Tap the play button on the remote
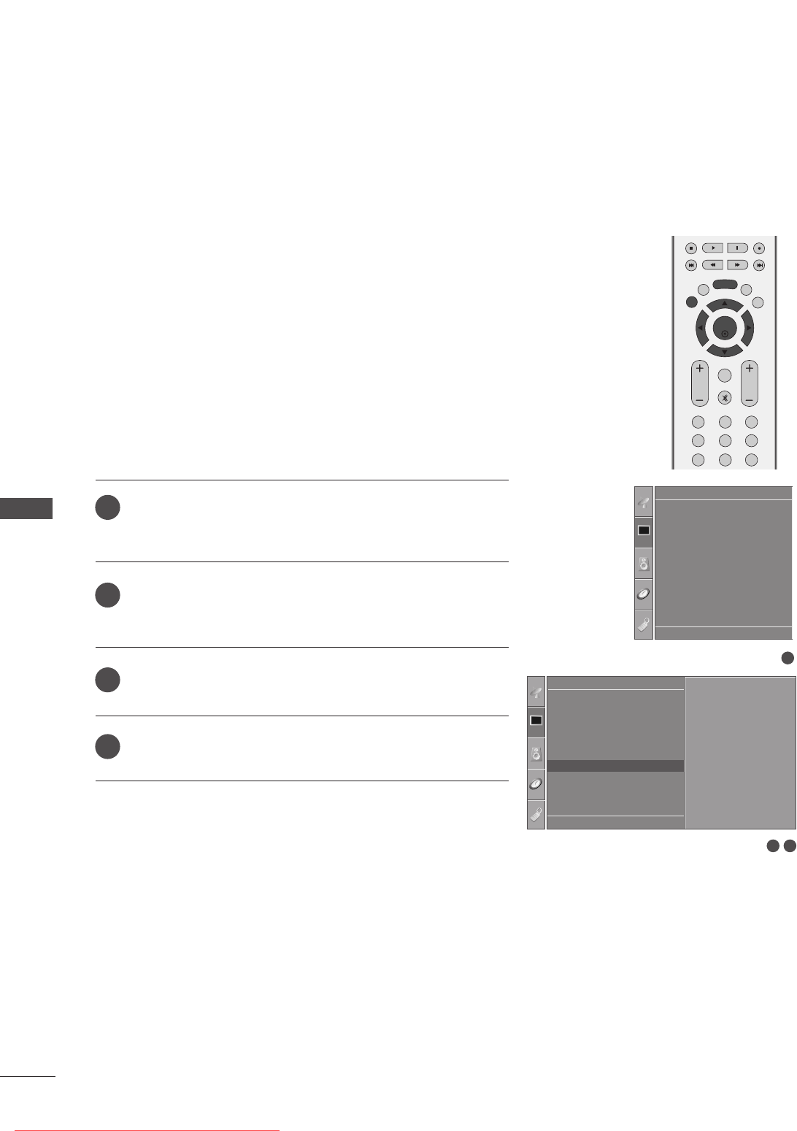coord(712,248)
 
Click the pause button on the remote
coord(737,248)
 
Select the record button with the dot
coord(759,248)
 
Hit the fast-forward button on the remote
coord(737,264)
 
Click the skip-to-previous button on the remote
coord(690,264)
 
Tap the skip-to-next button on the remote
coord(759,264)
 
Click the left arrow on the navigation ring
coord(701,329)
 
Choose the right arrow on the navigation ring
coord(748,329)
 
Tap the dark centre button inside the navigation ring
coord(724,329)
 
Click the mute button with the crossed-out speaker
coord(724,398)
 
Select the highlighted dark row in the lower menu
coord(615,766)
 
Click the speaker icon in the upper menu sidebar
coord(643,563)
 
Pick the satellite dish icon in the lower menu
coord(536,691)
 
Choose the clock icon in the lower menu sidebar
coord(536,784)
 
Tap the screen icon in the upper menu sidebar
coord(643,531)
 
